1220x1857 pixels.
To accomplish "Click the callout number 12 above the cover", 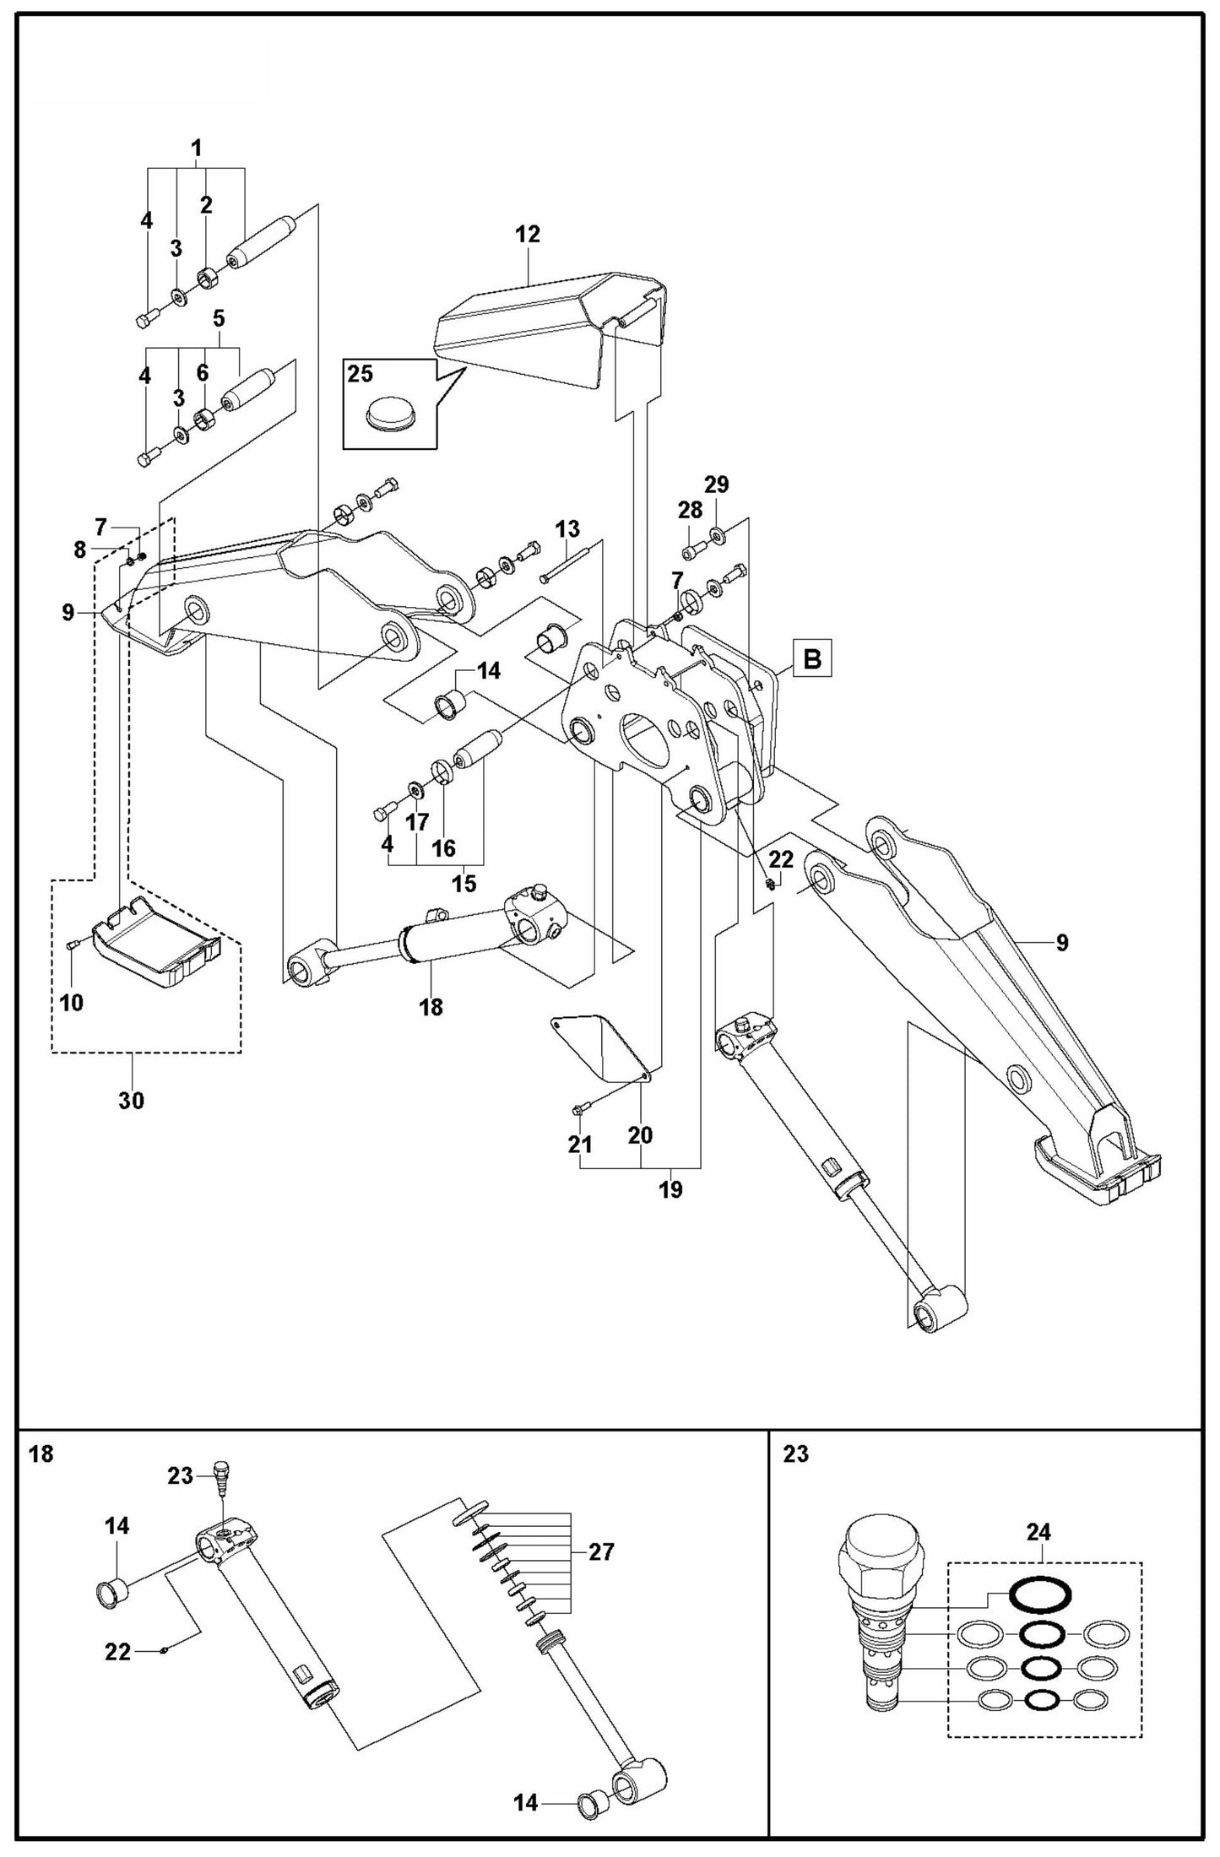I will [x=527, y=235].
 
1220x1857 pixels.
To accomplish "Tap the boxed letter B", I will [x=812, y=658].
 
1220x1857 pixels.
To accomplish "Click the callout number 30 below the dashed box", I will [x=131, y=1100].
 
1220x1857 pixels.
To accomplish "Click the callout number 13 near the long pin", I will [x=567, y=529].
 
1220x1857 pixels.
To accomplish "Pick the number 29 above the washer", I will [x=717, y=485].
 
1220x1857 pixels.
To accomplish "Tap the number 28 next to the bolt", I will [x=690, y=510].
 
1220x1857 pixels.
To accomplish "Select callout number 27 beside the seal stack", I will [x=601, y=1551].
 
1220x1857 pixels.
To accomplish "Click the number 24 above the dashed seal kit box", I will [x=1038, y=1531].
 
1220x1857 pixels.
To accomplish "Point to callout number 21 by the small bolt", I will [x=579, y=1145].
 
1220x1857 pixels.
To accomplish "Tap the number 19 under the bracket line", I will [x=670, y=1189].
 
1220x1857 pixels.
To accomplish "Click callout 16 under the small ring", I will [x=443, y=847].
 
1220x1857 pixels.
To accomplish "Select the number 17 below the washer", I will [x=417, y=821].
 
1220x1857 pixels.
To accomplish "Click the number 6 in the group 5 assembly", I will [x=202, y=372].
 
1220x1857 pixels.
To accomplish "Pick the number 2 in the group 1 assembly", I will [x=206, y=204].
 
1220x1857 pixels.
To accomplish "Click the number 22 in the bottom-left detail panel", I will [x=118, y=1651].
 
